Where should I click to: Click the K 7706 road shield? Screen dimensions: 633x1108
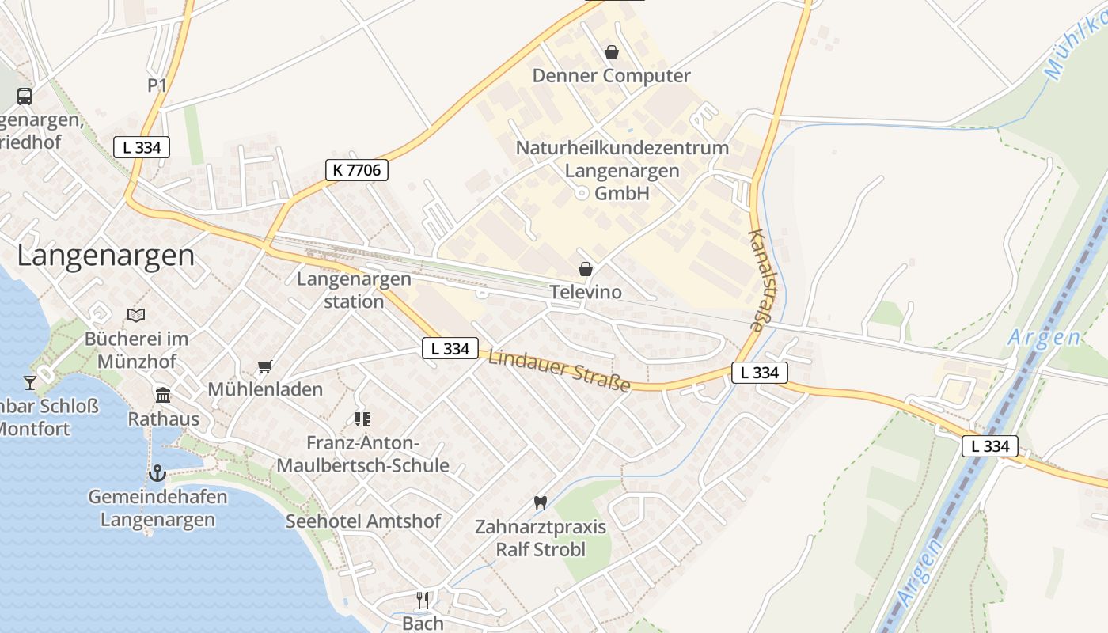[356, 169]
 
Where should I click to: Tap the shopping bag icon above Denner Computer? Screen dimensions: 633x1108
[611, 53]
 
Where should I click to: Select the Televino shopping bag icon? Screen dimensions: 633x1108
[586, 270]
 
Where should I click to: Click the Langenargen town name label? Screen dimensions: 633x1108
[105, 256]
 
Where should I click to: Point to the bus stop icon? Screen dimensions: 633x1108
[25, 97]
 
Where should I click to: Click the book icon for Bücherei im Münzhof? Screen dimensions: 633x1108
[136, 316]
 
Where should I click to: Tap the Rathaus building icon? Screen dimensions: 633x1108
[163, 395]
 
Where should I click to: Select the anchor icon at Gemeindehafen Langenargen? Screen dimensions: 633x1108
[157, 473]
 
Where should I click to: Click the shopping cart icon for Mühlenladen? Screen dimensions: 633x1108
[265, 366]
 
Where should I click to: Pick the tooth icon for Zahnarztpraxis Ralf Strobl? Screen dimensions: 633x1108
[541, 502]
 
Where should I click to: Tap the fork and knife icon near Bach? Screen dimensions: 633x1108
[423, 600]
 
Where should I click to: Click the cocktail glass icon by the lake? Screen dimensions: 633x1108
[30, 383]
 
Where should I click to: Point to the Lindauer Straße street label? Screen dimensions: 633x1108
[559, 370]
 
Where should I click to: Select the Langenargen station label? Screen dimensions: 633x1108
[354, 290]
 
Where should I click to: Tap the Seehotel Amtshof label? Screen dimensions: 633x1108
[363, 521]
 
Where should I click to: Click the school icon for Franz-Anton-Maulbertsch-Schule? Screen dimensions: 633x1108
[362, 419]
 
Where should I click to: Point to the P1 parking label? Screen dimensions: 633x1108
[157, 85]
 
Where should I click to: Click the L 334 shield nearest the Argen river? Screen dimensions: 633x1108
[989, 446]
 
